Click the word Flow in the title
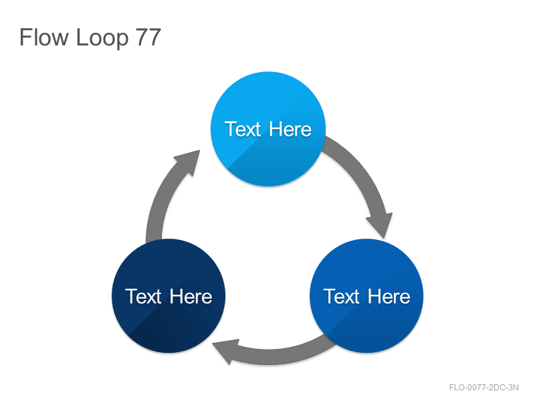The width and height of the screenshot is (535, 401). click(44, 37)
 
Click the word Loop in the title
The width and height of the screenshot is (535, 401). click(102, 38)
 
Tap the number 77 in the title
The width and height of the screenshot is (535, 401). click(148, 37)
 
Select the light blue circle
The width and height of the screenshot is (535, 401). click(268, 129)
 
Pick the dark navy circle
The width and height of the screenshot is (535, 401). click(169, 295)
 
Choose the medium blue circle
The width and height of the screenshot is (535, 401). click(366, 295)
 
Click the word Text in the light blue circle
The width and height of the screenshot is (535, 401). click(243, 129)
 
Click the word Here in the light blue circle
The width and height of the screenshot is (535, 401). click(290, 129)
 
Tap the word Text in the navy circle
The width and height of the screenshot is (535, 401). click(143, 296)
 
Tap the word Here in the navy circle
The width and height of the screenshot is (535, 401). click(191, 296)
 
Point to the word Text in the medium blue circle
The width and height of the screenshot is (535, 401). click(342, 296)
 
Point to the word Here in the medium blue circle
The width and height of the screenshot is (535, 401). click(389, 296)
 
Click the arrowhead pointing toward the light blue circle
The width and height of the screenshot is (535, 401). click(189, 161)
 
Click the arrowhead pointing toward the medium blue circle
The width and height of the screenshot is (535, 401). click(381, 224)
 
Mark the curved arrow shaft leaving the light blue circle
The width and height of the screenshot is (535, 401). click(358, 170)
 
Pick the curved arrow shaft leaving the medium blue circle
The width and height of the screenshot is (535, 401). click(280, 357)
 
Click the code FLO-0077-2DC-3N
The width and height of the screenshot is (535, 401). click(484, 388)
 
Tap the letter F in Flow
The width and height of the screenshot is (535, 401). click(25, 37)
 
